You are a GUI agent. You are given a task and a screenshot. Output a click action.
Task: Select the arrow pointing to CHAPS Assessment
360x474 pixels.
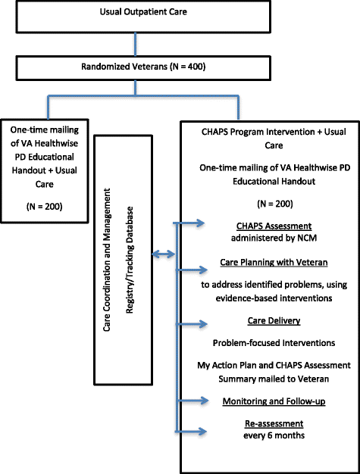(x=194, y=223)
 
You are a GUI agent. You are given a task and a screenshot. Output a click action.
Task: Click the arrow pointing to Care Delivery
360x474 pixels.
(x=194, y=324)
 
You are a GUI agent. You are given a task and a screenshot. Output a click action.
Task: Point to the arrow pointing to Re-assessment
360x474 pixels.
(x=194, y=432)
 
